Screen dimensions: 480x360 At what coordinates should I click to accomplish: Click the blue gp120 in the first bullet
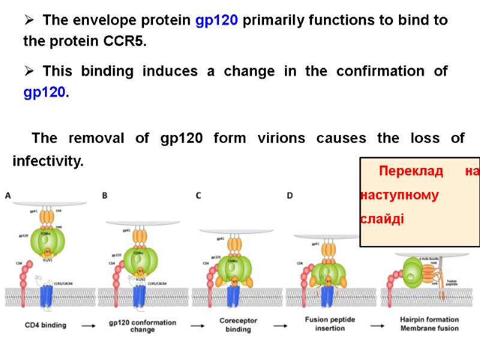tap(217, 20)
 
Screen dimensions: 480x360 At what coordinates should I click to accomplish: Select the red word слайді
tap(382, 218)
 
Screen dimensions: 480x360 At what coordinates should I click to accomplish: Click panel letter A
tap(8, 195)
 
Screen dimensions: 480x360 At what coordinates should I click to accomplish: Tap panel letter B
tap(105, 195)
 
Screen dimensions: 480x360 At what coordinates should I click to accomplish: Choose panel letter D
tap(290, 195)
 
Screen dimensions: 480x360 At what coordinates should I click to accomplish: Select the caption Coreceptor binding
tap(238, 326)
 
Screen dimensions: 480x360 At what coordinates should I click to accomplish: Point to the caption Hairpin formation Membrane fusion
tap(429, 324)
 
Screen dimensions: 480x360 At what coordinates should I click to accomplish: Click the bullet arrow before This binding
tap(29, 71)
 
